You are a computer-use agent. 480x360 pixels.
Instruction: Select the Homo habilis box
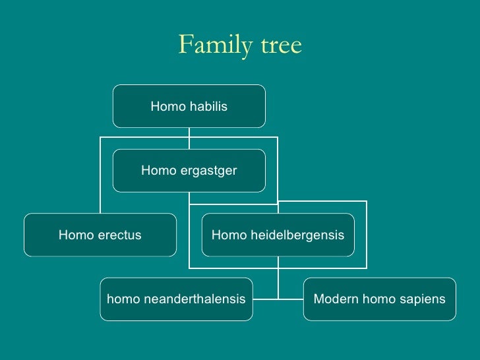189,105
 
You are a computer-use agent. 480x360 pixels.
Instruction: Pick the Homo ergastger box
189,171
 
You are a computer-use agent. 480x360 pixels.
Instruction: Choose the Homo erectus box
100,235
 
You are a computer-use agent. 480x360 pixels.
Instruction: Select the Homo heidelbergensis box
278,235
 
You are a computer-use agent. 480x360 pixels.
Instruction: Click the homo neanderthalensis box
176,299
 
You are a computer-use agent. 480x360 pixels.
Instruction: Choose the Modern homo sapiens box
379,299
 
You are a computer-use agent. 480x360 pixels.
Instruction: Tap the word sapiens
423,299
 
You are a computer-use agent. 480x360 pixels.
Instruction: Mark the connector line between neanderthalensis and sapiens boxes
278,299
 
